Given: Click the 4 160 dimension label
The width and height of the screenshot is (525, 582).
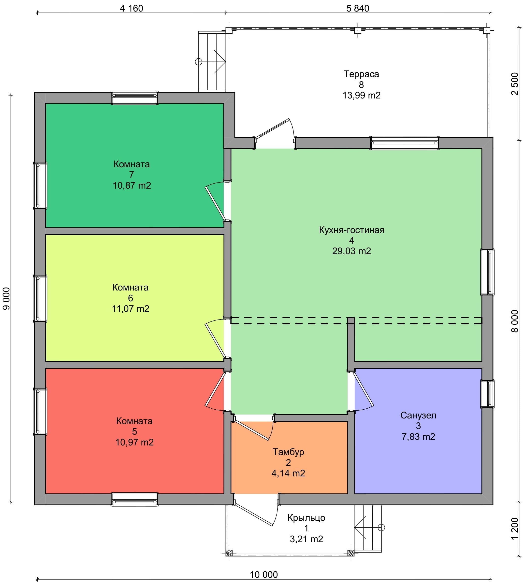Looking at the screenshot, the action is (x=131, y=8).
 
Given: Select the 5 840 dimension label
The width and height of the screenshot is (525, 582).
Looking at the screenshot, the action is (x=358, y=8).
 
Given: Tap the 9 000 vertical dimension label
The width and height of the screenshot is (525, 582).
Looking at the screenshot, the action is (x=6, y=298).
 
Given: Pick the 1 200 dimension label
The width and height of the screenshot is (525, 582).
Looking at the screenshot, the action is (x=515, y=529).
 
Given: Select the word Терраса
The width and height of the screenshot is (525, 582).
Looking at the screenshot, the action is (x=361, y=74).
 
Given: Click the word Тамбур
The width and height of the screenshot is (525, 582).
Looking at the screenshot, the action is (x=288, y=452).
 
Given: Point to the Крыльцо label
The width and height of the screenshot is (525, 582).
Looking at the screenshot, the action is (x=306, y=518).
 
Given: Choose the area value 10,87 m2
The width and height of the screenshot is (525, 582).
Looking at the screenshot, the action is (x=132, y=185).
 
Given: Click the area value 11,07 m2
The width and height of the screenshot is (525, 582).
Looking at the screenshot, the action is (x=131, y=309).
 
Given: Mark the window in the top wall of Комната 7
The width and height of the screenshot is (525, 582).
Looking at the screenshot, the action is (x=135, y=97).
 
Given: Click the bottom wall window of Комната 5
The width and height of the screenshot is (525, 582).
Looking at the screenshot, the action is (x=135, y=499).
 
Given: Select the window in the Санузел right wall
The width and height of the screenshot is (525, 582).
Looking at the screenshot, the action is (x=487, y=394).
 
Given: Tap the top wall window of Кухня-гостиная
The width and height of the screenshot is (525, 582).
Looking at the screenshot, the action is (x=404, y=143).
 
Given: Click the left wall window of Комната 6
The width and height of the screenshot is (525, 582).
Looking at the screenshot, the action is (x=40, y=298).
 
